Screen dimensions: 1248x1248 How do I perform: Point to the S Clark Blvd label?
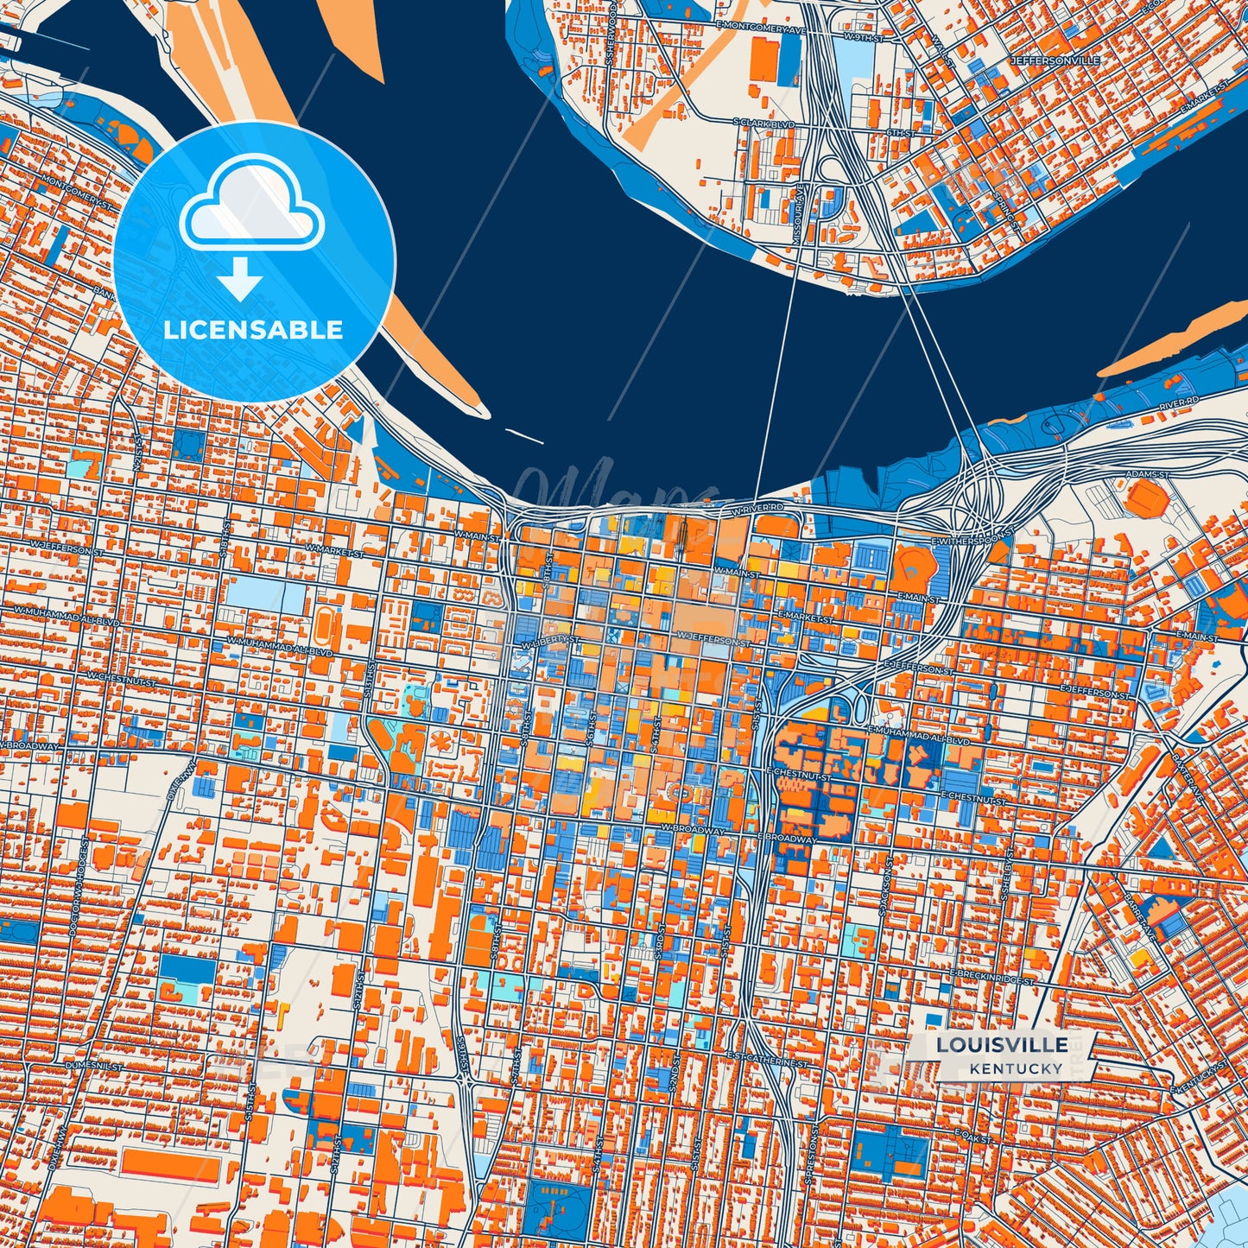[x=763, y=124]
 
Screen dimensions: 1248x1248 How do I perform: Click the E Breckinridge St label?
[x=991, y=977]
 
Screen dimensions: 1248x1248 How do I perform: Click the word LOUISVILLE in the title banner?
[x=1002, y=1045]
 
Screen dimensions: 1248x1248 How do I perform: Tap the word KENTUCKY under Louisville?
[x=1016, y=1068]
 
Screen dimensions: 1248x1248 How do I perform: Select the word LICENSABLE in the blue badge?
[x=253, y=330]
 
